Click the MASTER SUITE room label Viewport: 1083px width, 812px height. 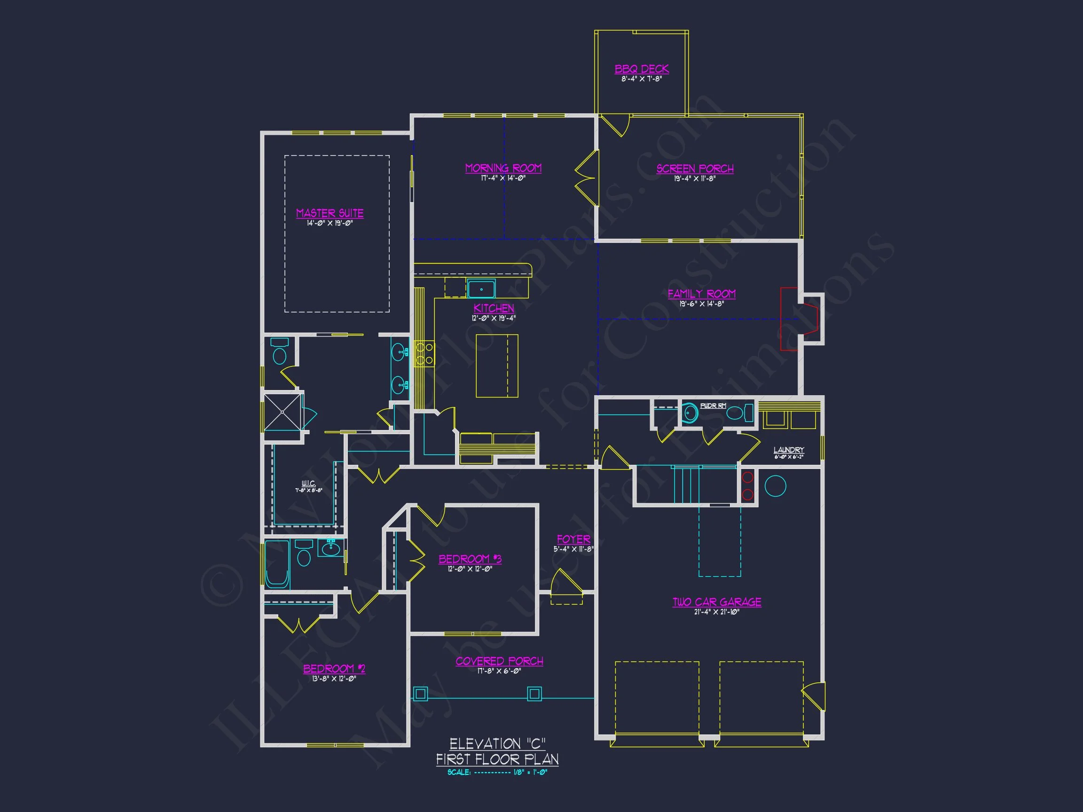tap(330, 213)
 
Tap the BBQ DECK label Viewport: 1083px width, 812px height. tap(641, 69)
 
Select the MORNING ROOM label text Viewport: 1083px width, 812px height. tap(503, 168)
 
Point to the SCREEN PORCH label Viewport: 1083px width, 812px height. tap(695, 169)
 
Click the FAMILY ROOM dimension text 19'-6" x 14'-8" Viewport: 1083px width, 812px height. tap(701, 304)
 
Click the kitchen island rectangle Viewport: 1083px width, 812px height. tap(496, 366)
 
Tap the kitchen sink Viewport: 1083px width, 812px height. tap(481, 289)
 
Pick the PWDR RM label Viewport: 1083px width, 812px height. tap(713, 406)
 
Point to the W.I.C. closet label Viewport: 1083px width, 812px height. tap(308, 484)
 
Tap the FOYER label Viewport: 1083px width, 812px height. tap(573, 539)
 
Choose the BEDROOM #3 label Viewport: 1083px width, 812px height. tap(470, 559)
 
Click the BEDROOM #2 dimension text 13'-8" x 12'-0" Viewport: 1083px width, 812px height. tap(334, 679)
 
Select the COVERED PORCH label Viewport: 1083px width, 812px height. tap(499, 661)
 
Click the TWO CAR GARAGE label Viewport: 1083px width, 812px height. tap(716, 602)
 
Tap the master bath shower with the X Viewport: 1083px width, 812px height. tap(283, 412)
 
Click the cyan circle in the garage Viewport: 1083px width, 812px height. tap(775, 486)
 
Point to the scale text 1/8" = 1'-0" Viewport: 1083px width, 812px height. tap(530, 773)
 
